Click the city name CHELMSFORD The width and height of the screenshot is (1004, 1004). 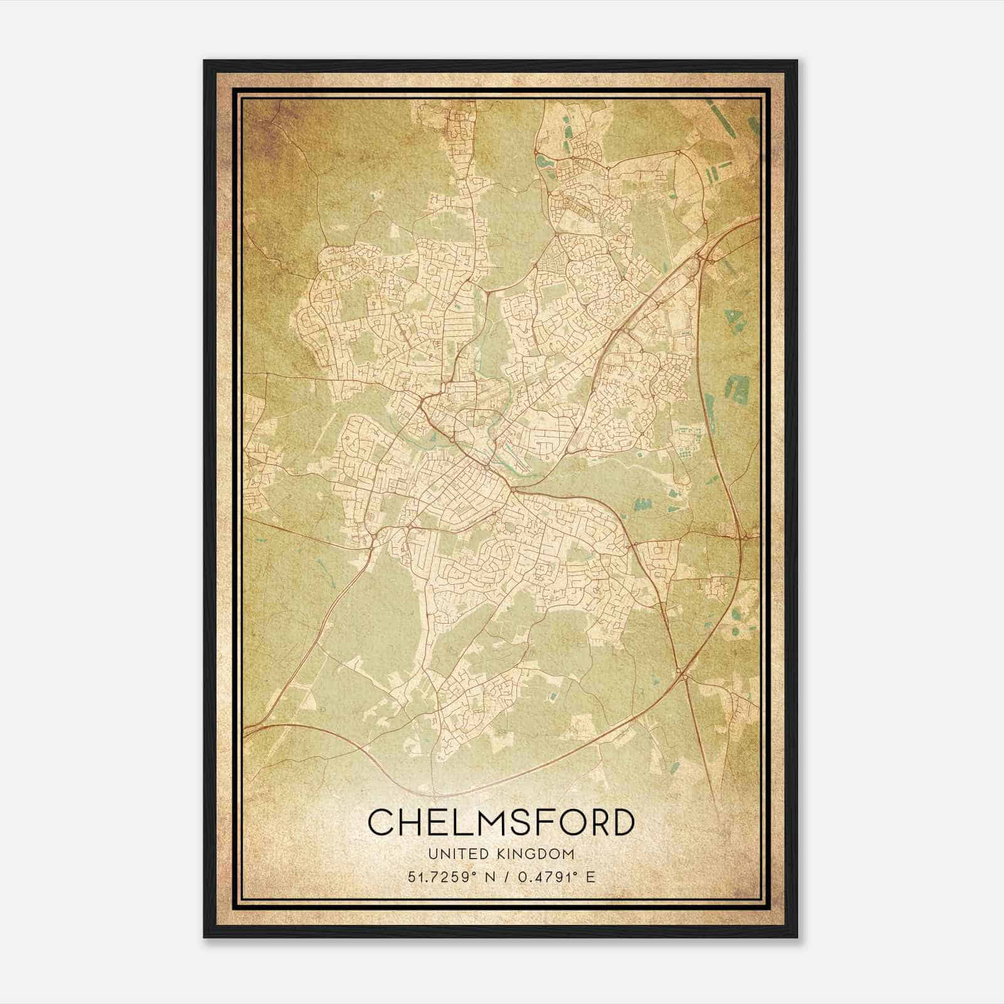pyautogui.click(x=500, y=823)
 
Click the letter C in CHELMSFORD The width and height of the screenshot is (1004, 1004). pyautogui.click(x=382, y=823)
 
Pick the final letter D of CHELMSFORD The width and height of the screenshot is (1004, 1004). pyautogui.click(x=620, y=823)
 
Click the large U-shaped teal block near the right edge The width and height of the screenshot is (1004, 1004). pyautogui.click(x=739, y=388)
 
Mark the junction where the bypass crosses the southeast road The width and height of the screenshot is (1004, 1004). pyautogui.click(x=683, y=673)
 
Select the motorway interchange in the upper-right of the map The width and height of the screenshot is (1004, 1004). pyautogui.click(x=702, y=254)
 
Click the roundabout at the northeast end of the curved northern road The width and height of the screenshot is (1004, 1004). pyautogui.click(x=678, y=152)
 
